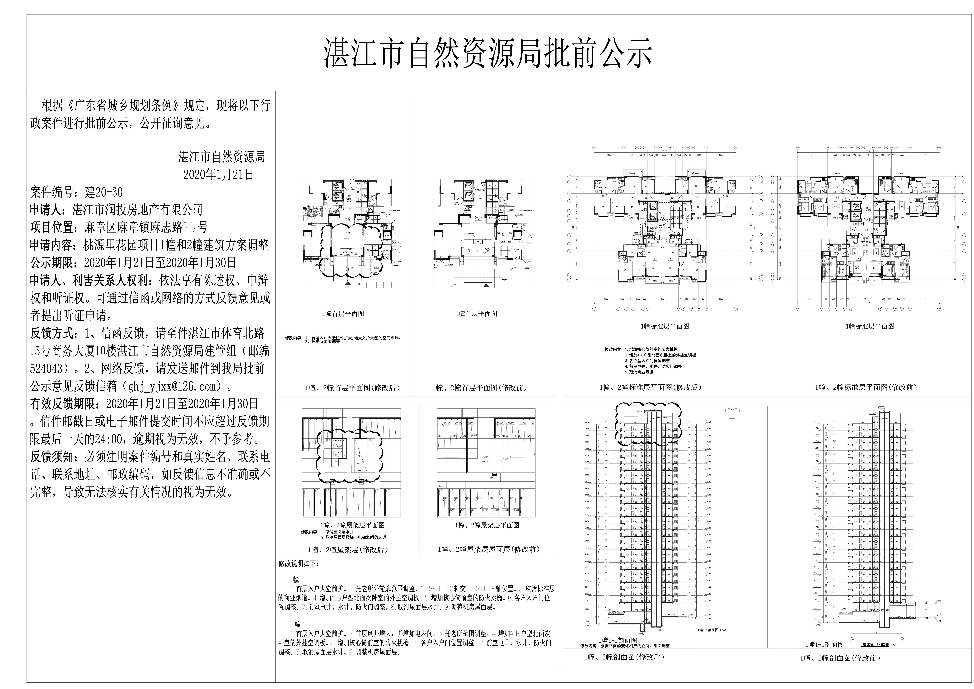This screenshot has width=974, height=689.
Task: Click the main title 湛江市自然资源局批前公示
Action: (x=488, y=53)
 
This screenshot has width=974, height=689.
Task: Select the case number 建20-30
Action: (x=104, y=192)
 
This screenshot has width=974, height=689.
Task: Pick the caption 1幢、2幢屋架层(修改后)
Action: (x=348, y=549)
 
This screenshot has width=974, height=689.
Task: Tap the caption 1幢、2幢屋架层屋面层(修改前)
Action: (x=489, y=549)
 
